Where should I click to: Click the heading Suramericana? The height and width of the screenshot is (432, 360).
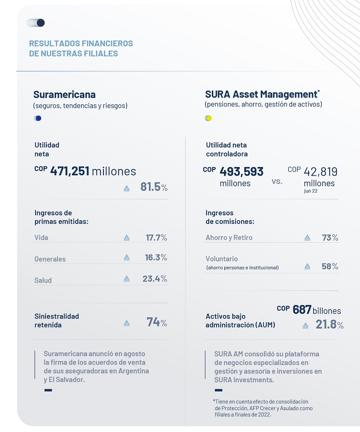pyautogui.click(x=65, y=95)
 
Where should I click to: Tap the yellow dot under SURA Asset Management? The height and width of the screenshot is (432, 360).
pyautogui.click(x=209, y=118)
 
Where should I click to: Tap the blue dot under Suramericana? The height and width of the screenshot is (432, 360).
pyautogui.click(x=38, y=118)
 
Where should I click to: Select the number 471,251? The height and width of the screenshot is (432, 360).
pyautogui.click(x=70, y=171)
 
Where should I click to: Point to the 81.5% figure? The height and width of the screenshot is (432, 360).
pyautogui.click(x=154, y=187)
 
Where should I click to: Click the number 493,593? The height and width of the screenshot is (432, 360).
pyautogui.click(x=242, y=172)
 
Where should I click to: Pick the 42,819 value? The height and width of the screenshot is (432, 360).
pyautogui.click(x=320, y=172)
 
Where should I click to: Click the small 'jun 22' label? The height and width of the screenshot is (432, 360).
pyautogui.click(x=311, y=191)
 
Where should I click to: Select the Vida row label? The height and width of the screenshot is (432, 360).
pyautogui.click(x=41, y=238)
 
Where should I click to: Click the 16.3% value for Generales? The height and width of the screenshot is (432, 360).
pyautogui.click(x=156, y=257)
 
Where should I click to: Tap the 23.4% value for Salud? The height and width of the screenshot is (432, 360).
pyautogui.click(x=155, y=279)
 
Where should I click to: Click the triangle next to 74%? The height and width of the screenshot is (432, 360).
pyautogui.click(x=127, y=323)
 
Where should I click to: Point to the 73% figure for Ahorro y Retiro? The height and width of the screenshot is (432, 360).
pyautogui.click(x=330, y=238)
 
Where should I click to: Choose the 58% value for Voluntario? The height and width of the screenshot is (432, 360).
pyautogui.click(x=330, y=266)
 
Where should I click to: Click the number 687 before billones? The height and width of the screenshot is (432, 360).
pyautogui.click(x=302, y=310)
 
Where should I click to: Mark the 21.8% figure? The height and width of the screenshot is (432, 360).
pyautogui.click(x=329, y=325)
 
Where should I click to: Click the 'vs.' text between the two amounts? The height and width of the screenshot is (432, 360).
pyautogui.click(x=277, y=182)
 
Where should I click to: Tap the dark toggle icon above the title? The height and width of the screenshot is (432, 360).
pyautogui.click(x=36, y=23)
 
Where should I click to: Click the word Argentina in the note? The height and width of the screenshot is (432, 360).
pyautogui.click(x=134, y=371)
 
